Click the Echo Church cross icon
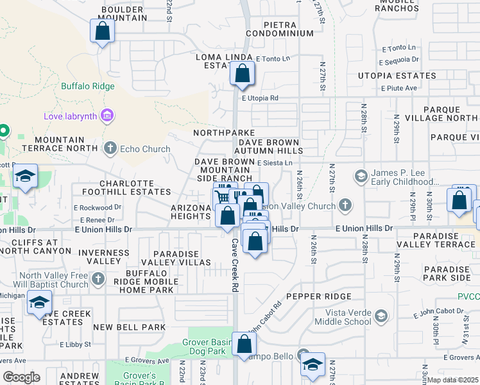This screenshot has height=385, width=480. pos(110,148)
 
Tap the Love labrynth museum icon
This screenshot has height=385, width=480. pos(107,116)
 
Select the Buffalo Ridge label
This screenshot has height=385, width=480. pos(88,86)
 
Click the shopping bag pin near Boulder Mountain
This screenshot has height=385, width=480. pos(102,31)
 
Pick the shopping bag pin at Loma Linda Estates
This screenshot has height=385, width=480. pos(243,74)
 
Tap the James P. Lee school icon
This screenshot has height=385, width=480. pos(361,175)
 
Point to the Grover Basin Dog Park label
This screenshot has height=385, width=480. pos(209,347)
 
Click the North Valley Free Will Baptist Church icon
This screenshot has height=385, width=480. pos(98,279)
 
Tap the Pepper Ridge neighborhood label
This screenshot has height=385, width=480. pos(319,296)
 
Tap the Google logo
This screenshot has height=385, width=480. pos(21,377)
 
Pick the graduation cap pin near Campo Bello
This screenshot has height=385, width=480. pos(313,364)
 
